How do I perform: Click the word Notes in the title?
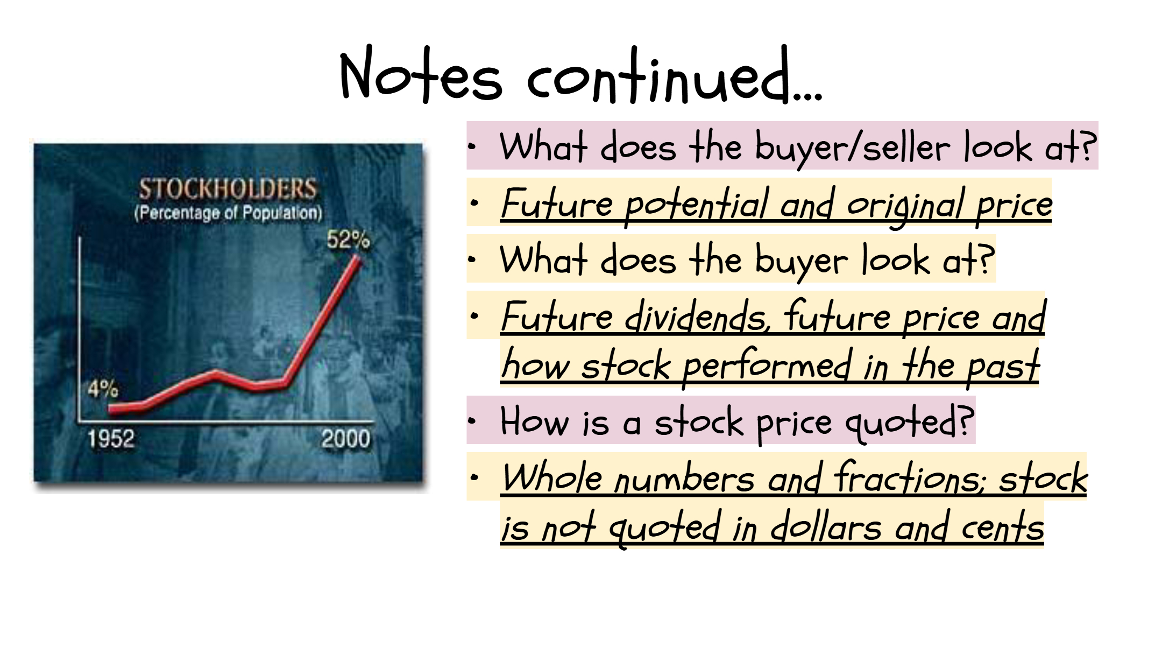(x=421, y=74)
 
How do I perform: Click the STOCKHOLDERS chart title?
(x=228, y=188)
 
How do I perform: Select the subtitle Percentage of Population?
(x=228, y=213)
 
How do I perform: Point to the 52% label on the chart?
(x=349, y=240)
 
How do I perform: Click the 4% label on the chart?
(x=103, y=388)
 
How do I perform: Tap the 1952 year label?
(x=111, y=439)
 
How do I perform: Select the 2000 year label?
(x=346, y=439)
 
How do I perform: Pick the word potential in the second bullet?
(x=697, y=205)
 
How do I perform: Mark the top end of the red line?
(x=358, y=257)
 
